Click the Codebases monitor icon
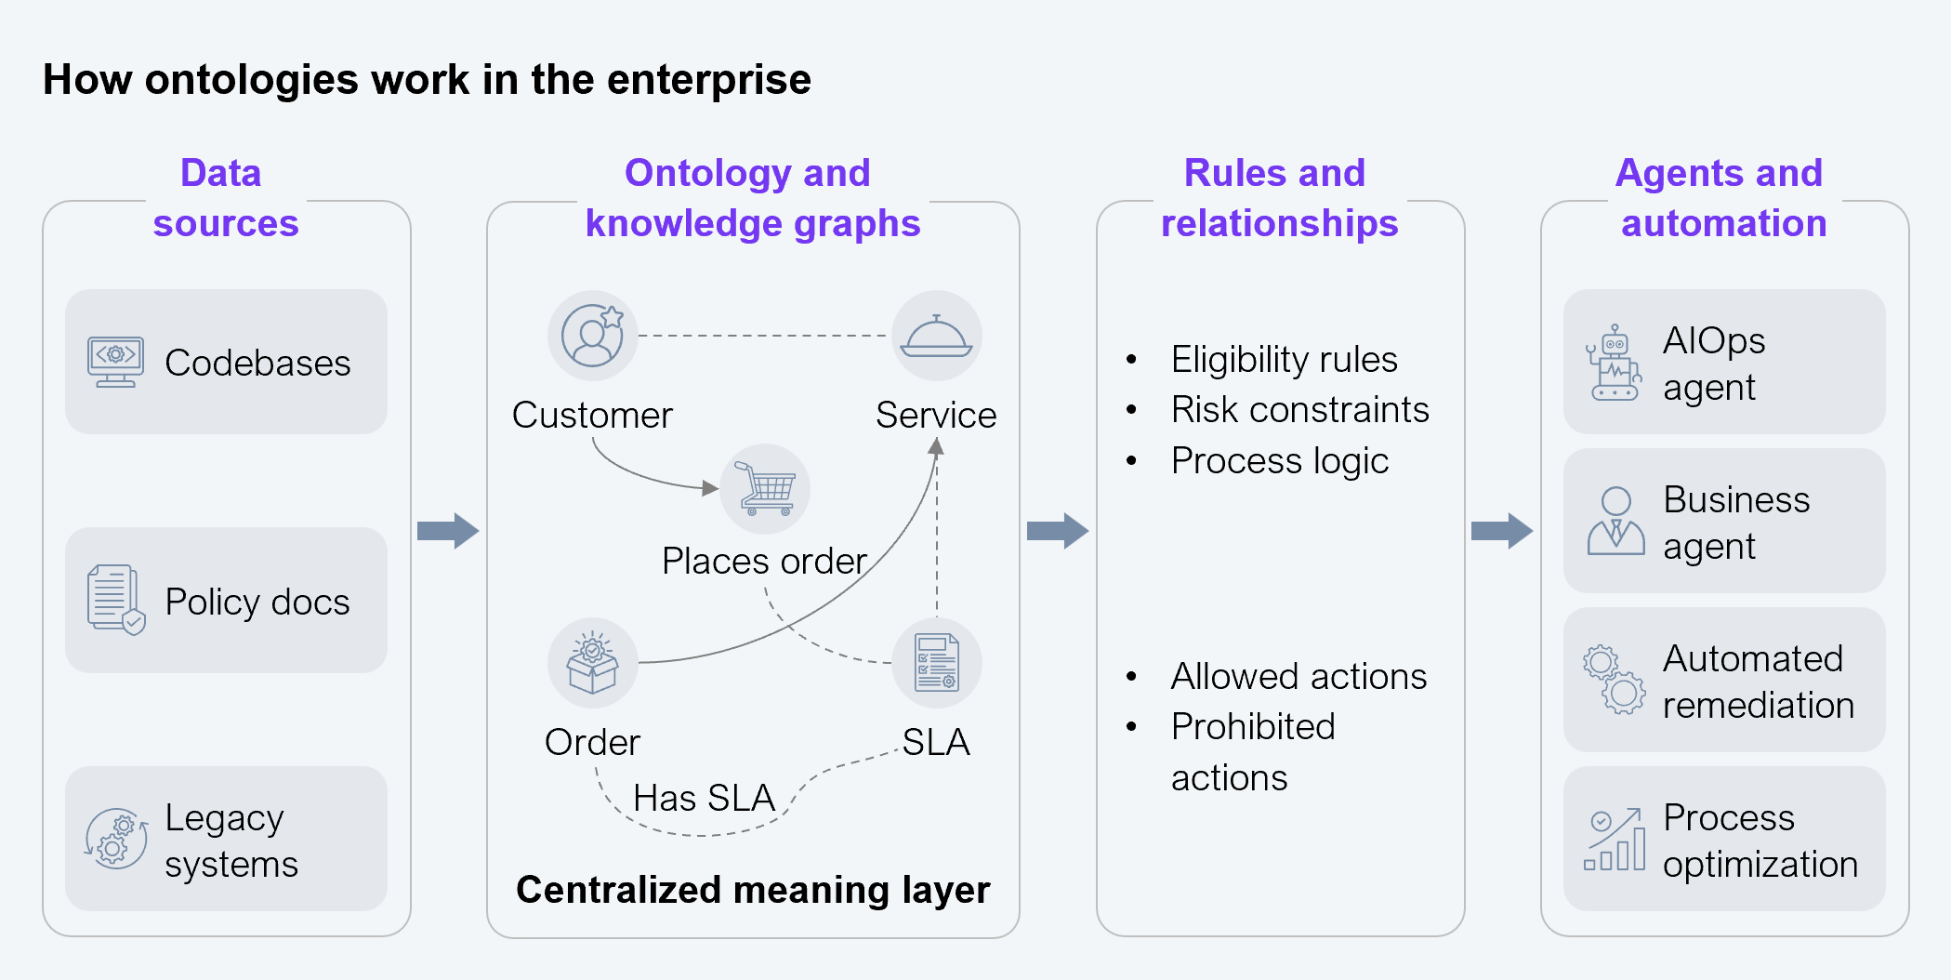[x=115, y=362]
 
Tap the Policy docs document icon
[x=116, y=600]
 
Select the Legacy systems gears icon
[x=116, y=838]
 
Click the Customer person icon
[x=593, y=336]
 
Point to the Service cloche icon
[x=936, y=337]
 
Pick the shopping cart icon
[x=766, y=489]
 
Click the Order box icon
[x=593, y=663]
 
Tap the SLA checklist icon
[x=936, y=663]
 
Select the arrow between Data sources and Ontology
[x=448, y=531]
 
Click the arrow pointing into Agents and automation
[x=1501, y=531]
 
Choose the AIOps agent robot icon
[x=1615, y=363]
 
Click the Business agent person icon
[x=1615, y=521]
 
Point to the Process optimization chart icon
[x=1615, y=840]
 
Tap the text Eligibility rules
[x=1284, y=360]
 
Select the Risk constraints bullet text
[x=1299, y=410]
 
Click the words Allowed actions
[x=1298, y=677]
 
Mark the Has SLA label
[x=704, y=798]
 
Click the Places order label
[x=764, y=562]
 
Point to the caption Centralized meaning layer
[x=753, y=890]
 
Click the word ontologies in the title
[x=251, y=80]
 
